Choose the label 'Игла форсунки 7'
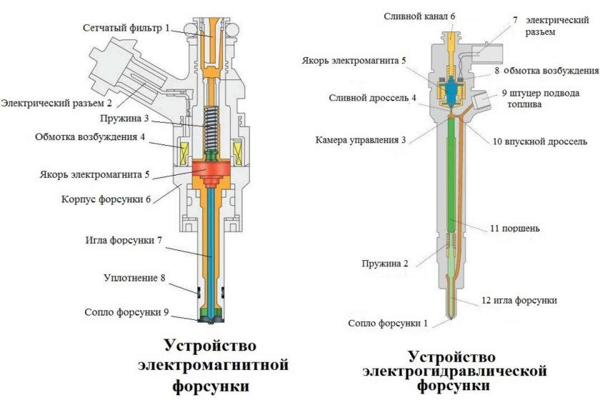click(x=124, y=239)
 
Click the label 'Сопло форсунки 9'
click(x=126, y=312)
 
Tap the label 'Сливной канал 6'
click(x=418, y=15)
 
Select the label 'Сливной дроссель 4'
click(x=369, y=98)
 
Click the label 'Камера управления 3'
click(x=360, y=139)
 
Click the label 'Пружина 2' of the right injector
click(x=385, y=264)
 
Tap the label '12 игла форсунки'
click(x=520, y=300)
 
